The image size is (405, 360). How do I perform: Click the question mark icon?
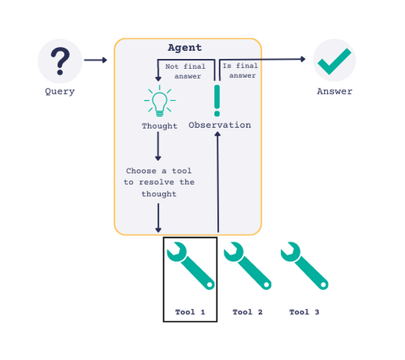pyautogui.click(x=60, y=60)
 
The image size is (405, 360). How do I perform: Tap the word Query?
pyautogui.click(x=60, y=91)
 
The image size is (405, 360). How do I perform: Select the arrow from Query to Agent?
pyautogui.click(x=96, y=60)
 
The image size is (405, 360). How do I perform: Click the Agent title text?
pyautogui.click(x=184, y=47)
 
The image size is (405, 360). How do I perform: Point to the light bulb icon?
pyautogui.click(x=159, y=103)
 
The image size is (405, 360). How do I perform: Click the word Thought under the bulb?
pyautogui.click(x=159, y=126)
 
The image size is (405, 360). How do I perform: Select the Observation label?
pyautogui.click(x=219, y=125)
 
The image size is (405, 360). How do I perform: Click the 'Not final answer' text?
pyautogui.click(x=184, y=71)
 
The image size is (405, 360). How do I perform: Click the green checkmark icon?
pyautogui.click(x=334, y=61)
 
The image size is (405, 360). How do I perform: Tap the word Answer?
pyautogui.click(x=334, y=91)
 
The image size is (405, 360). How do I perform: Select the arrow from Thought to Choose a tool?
pyautogui.click(x=158, y=148)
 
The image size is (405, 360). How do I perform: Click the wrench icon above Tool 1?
pyautogui.click(x=190, y=266)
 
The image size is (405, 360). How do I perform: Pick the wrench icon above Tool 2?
pyautogui.click(x=247, y=266)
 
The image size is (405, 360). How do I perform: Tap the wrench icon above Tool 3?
pyautogui.click(x=304, y=266)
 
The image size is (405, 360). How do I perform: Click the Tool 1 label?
pyautogui.click(x=190, y=312)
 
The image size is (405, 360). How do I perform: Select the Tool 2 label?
pyautogui.click(x=247, y=312)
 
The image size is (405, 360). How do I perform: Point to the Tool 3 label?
pyautogui.click(x=304, y=312)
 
